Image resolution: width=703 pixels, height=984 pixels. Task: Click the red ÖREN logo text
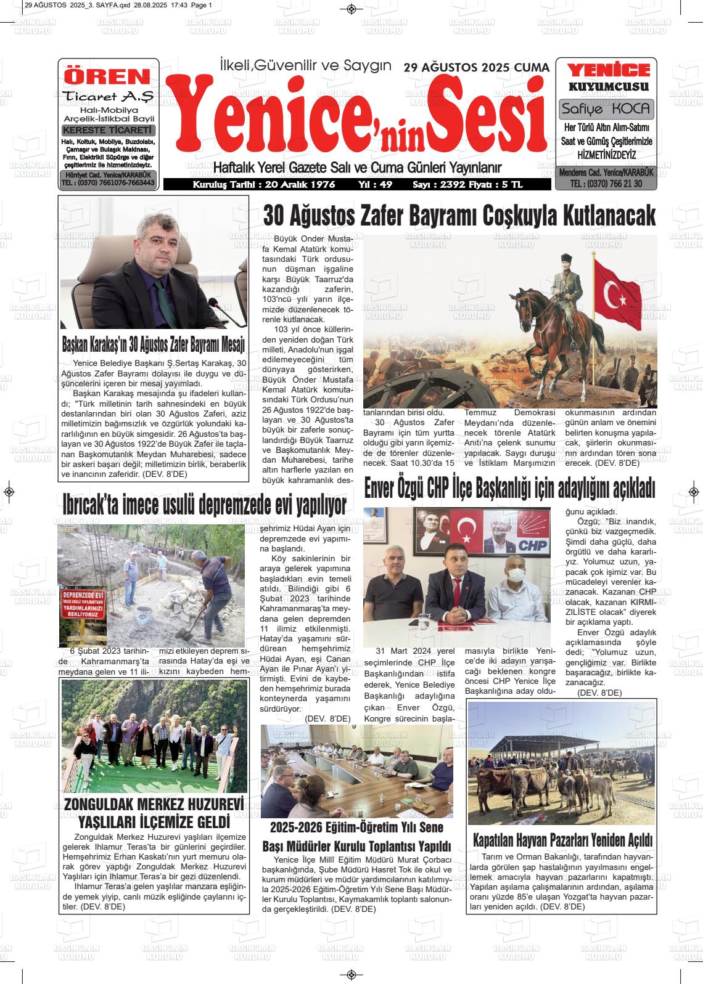point(108,76)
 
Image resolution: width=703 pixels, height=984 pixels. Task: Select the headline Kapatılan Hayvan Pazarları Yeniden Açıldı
point(562,840)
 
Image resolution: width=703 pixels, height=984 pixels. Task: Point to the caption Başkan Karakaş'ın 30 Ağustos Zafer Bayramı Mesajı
point(154,343)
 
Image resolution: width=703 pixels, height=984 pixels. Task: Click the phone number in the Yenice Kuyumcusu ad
point(606,184)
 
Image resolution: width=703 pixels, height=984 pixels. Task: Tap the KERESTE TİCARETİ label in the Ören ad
point(109,131)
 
